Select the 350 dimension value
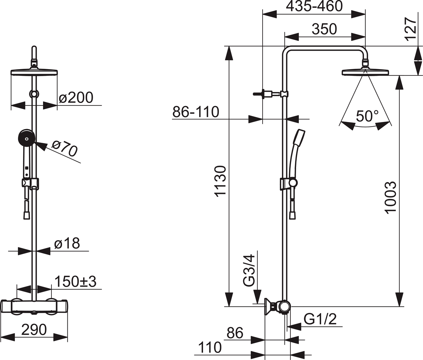[x=324, y=29]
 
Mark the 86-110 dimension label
[x=196, y=112]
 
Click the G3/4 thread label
[x=249, y=270]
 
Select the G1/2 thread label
[x=320, y=319]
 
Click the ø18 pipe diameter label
[x=67, y=243]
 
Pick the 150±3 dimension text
[x=75, y=282]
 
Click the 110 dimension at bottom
[x=210, y=347]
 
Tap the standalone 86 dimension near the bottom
[x=235, y=333]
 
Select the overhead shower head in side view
[x=365, y=72]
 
